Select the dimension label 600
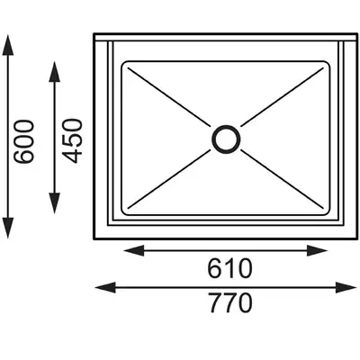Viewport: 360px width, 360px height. (x=24, y=141)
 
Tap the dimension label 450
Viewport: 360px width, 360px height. (x=72, y=140)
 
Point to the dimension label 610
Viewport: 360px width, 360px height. (x=229, y=268)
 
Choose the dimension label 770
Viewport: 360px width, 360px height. (x=230, y=303)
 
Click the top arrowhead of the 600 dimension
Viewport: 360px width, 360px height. (x=8, y=44)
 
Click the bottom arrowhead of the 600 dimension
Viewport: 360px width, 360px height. (x=8, y=228)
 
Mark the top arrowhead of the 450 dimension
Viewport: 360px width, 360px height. (x=54, y=71)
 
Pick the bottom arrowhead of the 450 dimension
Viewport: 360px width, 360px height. (x=54, y=203)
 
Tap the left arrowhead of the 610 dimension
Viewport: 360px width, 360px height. (x=134, y=250)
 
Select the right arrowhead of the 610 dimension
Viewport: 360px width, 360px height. (x=317, y=250)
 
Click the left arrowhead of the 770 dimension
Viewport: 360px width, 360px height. (x=105, y=287)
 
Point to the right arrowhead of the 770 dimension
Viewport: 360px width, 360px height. (x=346, y=287)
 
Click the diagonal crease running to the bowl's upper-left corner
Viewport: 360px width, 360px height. (x=169, y=96)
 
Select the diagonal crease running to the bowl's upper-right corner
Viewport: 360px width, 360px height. (x=283, y=96)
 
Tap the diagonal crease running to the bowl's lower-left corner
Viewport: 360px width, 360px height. (x=169, y=179)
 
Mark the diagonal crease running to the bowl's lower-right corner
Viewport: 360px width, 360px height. (x=283, y=179)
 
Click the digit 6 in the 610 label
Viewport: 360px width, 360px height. (x=215, y=268)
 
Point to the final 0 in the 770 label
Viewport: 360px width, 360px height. (x=245, y=303)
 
